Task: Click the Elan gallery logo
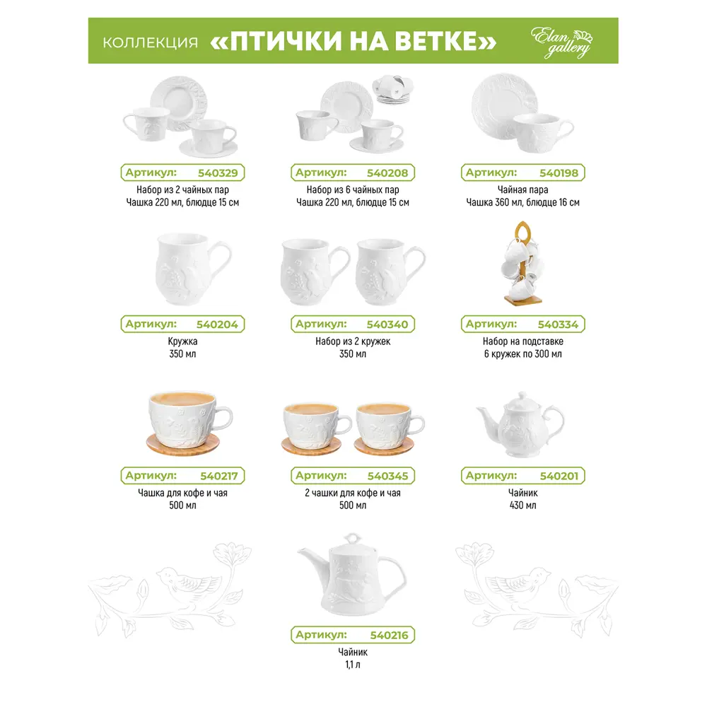562,42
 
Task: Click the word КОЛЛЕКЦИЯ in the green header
150,42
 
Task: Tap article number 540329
218,173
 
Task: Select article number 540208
387,173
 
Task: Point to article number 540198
559,173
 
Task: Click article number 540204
217,325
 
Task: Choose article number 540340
387,325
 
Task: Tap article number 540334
558,325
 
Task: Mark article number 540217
218,476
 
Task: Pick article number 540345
387,476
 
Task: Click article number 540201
559,476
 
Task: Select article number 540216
389,636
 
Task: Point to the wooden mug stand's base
522,299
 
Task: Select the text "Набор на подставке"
522,341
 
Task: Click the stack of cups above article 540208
392,89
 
